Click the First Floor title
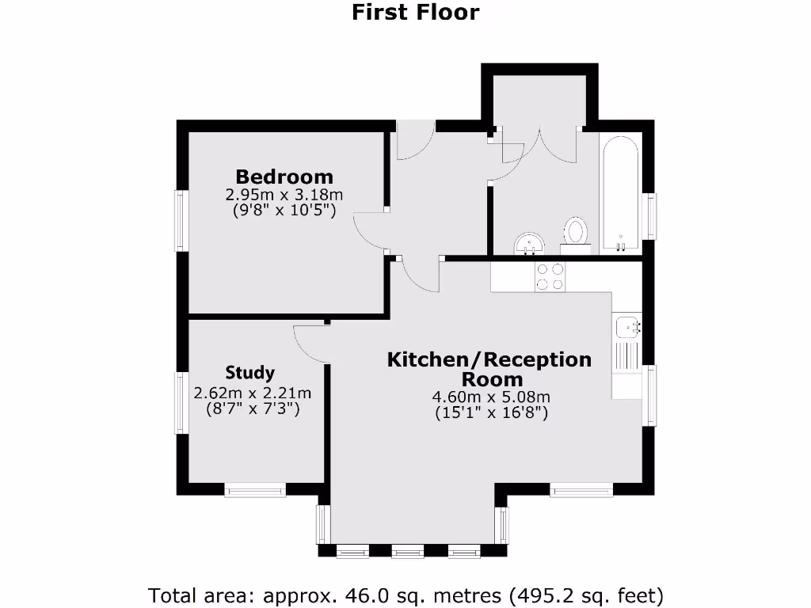[x=415, y=13]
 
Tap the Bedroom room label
[x=284, y=176]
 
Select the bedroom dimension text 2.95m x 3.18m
[x=284, y=195]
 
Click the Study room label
[x=249, y=372]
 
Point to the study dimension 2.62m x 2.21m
[x=252, y=393]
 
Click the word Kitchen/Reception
[x=489, y=359]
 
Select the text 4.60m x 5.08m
[x=491, y=397]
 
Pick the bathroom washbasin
[x=528, y=243]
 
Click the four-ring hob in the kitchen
[x=550, y=276]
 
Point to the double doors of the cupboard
[x=539, y=144]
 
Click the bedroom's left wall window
[x=181, y=222]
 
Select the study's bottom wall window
[x=254, y=491]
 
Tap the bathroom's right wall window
[x=650, y=216]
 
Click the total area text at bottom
[x=405, y=595]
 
